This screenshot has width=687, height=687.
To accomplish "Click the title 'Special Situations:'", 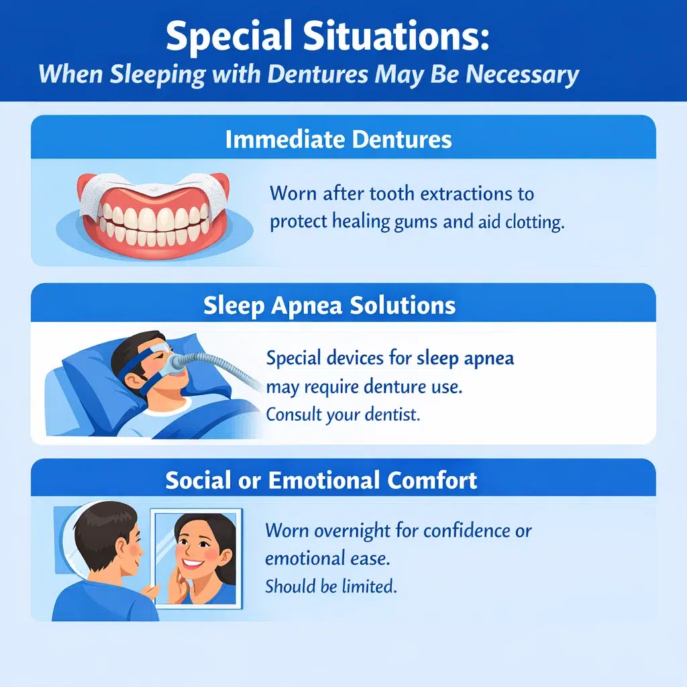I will (x=327, y=38).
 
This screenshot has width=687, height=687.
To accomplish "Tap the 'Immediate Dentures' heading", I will (x=338, y=140).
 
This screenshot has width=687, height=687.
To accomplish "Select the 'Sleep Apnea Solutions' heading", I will (x=329, y=306).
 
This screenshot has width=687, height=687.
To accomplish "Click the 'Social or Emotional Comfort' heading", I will (x=321, y=480).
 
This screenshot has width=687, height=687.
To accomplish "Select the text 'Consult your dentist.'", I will (x=343, y=415).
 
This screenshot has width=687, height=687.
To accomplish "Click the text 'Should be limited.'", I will (x=331, y=586).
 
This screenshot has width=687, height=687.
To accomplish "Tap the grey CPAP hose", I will (x=221, y=365).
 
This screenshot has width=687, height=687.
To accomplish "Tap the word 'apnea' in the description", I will (x=487, y=358).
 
